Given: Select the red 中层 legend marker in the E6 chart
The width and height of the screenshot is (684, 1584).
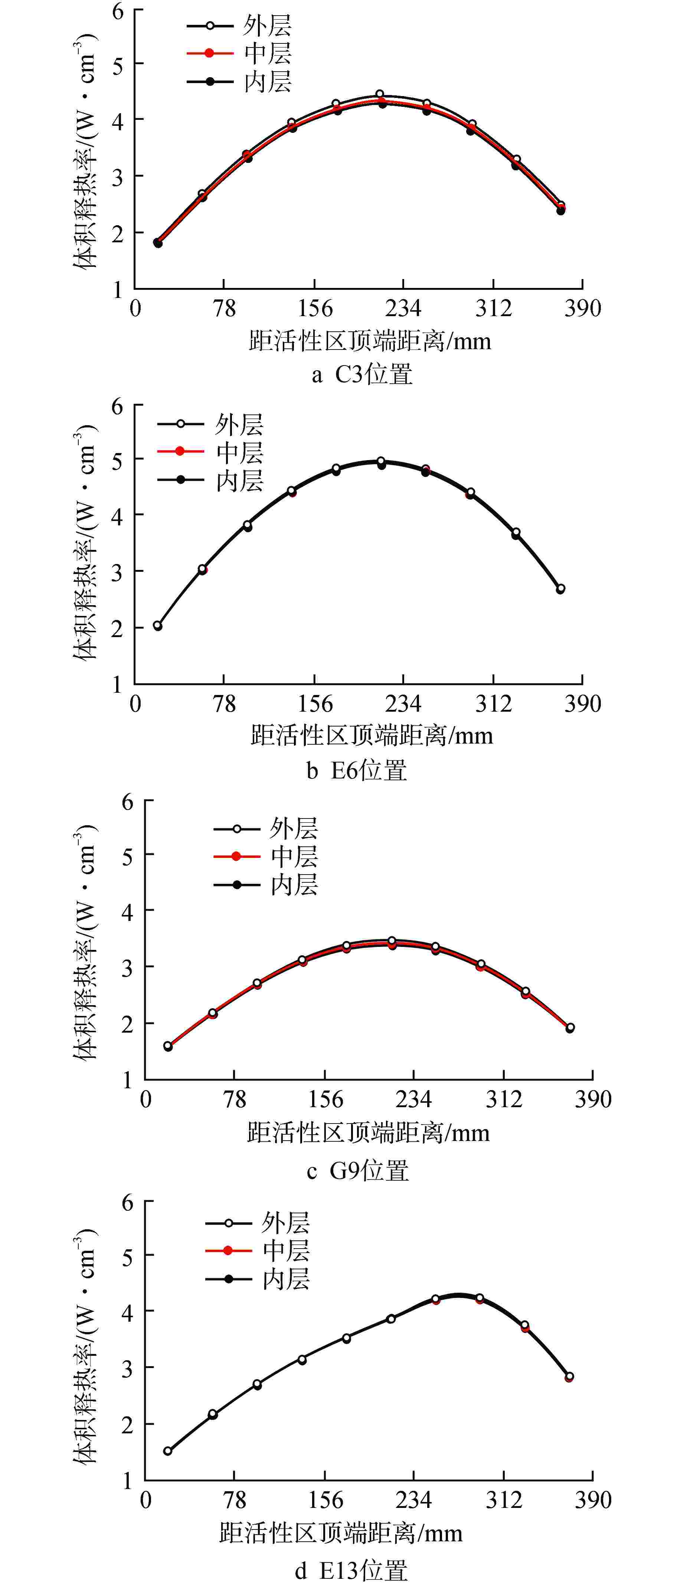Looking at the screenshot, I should point(180,451).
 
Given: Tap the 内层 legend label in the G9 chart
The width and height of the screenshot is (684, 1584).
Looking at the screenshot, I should point(294,885).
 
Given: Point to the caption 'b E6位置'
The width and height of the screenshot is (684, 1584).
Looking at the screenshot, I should point(357,770).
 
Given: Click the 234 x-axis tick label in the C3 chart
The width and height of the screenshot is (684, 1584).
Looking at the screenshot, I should point(403,308).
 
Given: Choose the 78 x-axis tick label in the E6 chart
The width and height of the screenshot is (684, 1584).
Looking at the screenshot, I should point(225,703).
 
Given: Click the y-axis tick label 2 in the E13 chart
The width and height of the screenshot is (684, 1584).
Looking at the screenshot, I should point(127,1424).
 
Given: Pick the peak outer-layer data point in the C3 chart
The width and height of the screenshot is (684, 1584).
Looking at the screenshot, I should point(380,94).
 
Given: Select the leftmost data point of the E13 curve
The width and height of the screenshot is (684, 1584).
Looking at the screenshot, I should point(167,1451).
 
